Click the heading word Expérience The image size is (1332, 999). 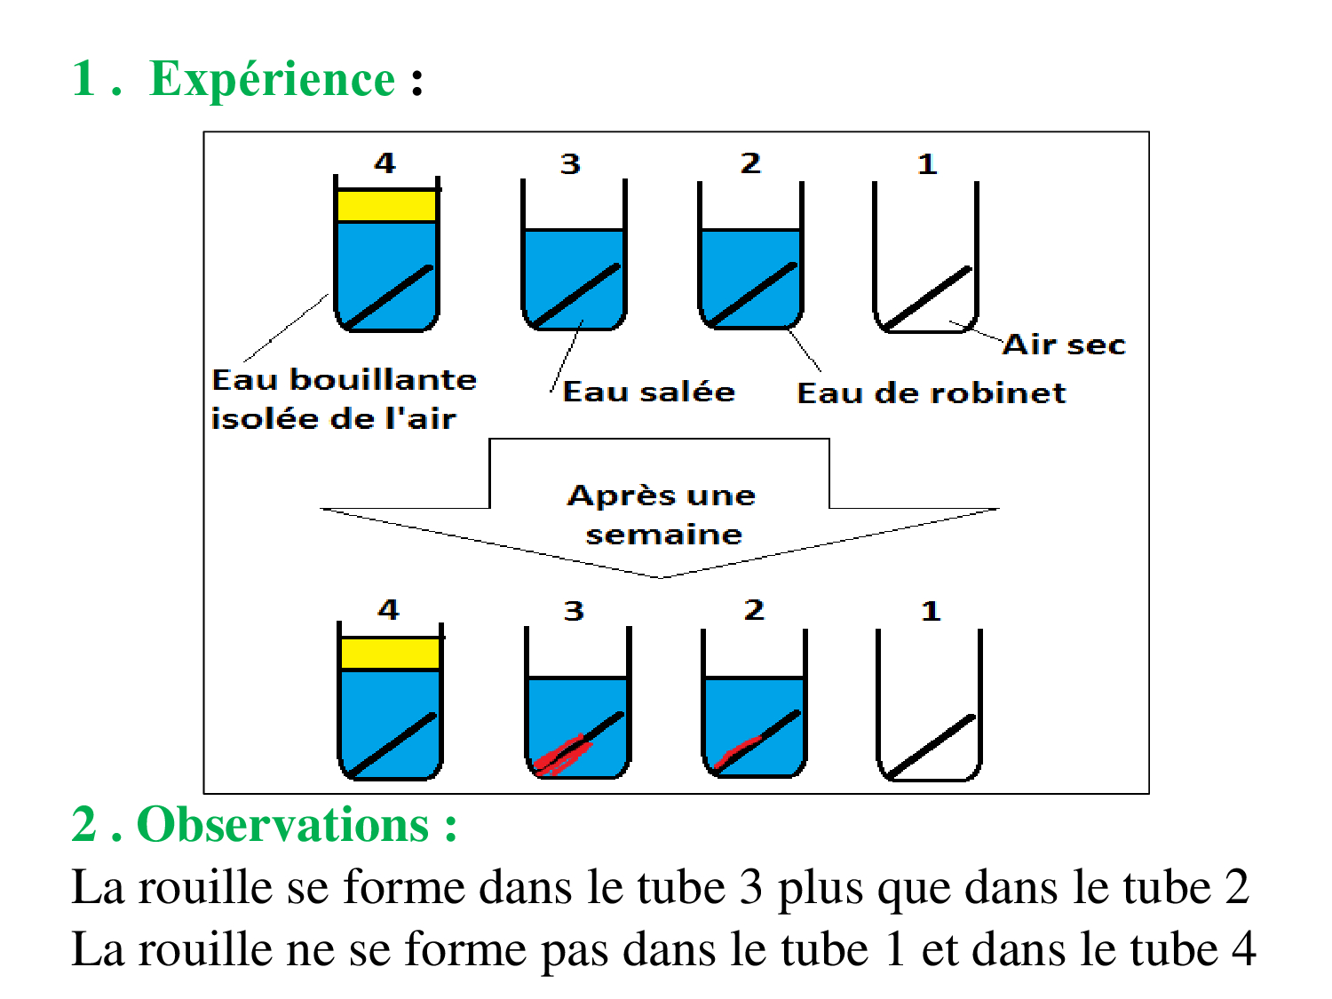click(272, 80)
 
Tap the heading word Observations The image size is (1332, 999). click(282, 825)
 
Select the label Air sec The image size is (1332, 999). click(1064, 345)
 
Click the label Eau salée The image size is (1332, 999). click(649, 392)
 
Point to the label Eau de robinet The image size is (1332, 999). click(931, 392)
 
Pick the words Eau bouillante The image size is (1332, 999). click(345, 380)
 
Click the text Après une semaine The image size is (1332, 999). click(662, 514)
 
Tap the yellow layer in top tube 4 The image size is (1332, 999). click(386, 205)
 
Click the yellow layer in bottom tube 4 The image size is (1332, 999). click(390, 654)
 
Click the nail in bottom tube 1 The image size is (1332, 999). click(932, 746)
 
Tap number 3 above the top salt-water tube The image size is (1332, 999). click(570, 164)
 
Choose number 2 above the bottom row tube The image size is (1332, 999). click(754, 610)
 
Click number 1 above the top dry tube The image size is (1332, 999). click(927, 164)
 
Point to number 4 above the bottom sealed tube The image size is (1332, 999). click(388, 610)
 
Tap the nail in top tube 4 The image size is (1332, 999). click(389, 297)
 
